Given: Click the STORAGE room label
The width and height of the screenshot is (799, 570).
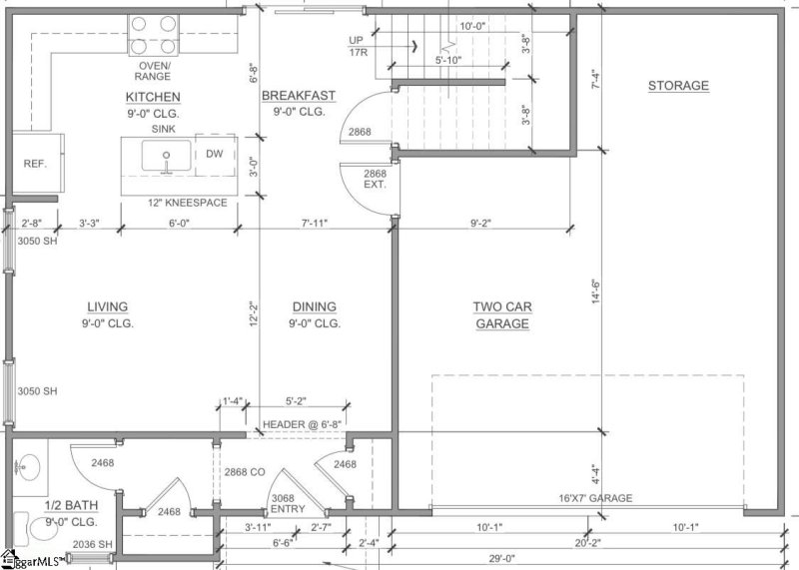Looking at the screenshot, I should [678, 86].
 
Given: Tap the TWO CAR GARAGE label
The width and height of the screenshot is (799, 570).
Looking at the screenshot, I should [501, 315].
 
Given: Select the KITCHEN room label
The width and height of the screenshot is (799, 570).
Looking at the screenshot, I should [153, 97].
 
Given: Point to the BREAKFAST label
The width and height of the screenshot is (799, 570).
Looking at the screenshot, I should [299, 96].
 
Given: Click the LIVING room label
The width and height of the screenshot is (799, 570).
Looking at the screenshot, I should [107, 306].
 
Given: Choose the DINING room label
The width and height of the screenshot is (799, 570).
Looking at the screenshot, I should [315, 306].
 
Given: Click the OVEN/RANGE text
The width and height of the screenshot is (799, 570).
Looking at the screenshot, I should [154, 70].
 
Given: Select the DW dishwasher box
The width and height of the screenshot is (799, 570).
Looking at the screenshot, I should [215, 154].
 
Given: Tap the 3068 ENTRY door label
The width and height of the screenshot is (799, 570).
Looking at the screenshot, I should [289, 503].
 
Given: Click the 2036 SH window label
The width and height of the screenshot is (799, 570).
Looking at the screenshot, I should [92, 544].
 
